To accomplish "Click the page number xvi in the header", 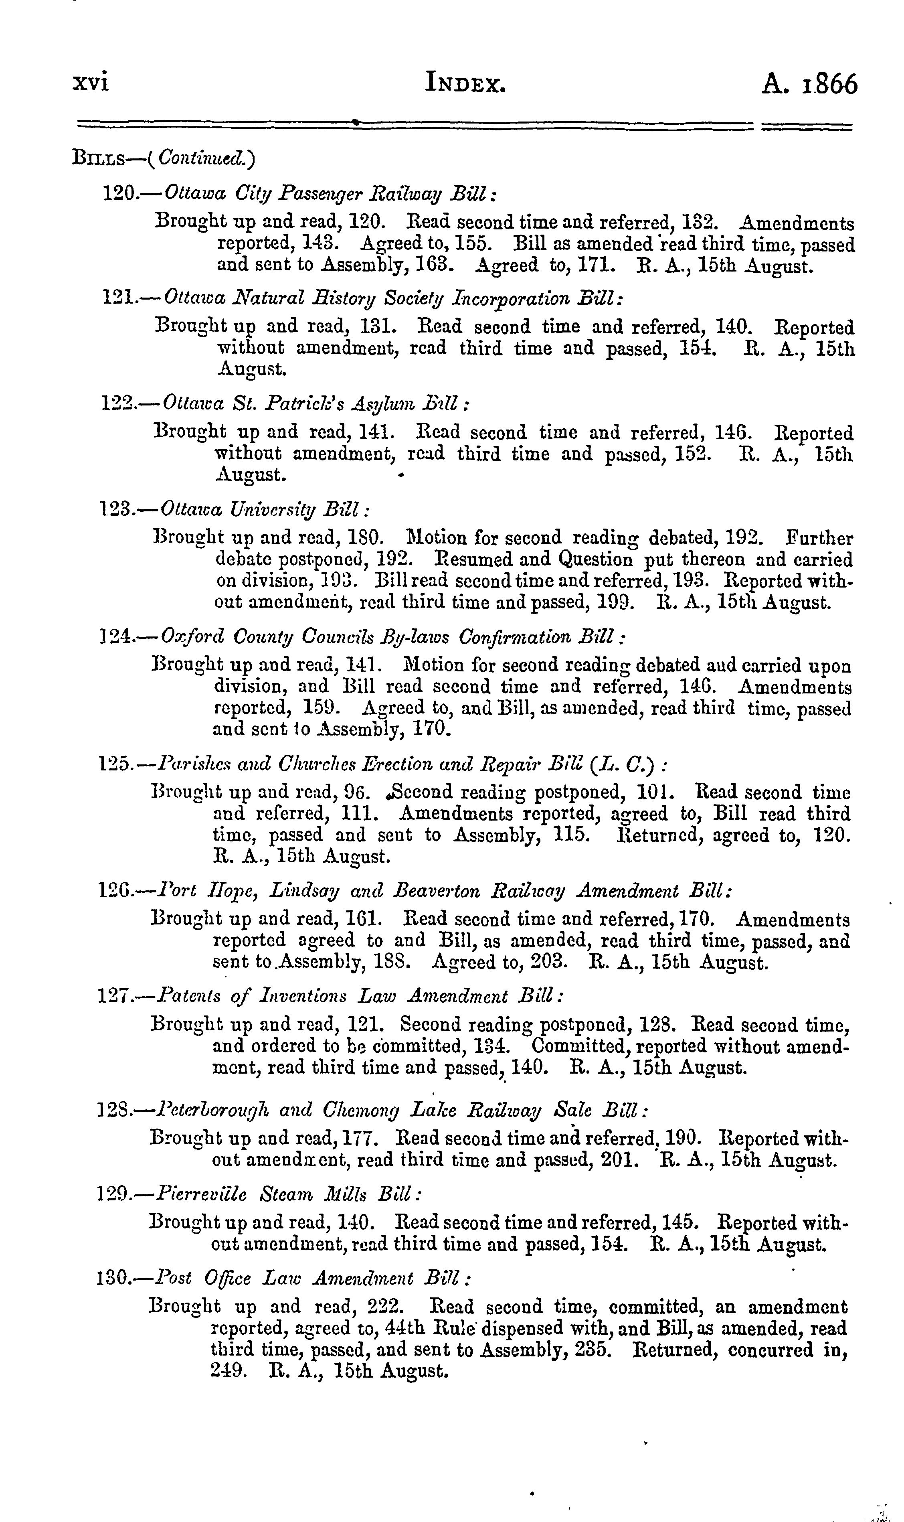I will [x=90, y=83].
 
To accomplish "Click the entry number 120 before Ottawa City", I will [x=119, y=195].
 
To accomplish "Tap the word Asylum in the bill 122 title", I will [x=392, y=405].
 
